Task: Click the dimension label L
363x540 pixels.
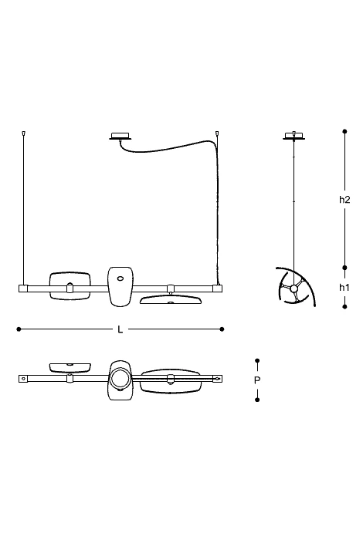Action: (120, 329)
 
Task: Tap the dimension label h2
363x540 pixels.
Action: (344, 199)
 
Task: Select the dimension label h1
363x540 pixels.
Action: (344, 287)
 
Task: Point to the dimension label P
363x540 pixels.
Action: (257, 380)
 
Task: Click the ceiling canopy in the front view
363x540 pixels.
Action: (120, 136)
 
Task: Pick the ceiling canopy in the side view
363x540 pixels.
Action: (294, 136)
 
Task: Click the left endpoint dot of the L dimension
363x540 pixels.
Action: (19, 329)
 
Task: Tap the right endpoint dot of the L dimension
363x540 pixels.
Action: (222, 329)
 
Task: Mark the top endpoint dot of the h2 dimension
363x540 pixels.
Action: (344, 131)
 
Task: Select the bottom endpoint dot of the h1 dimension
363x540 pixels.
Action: (344, 306)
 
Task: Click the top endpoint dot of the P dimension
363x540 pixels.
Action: (257, 360)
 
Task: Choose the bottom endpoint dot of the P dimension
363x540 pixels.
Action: (257, 400)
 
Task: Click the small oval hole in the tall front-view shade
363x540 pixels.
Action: (120, 278)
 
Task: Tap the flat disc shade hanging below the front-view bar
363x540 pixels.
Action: (171, 299)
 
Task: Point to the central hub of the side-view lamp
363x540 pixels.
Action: (294, 289)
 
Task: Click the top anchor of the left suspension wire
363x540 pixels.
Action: (23, 133)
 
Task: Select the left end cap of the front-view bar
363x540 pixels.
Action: (22, 289)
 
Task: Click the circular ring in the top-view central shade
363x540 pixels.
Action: (120, 379)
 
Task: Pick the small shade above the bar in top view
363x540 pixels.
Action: (70, 367)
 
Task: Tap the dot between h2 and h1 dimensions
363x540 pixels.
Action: (344, 267)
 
